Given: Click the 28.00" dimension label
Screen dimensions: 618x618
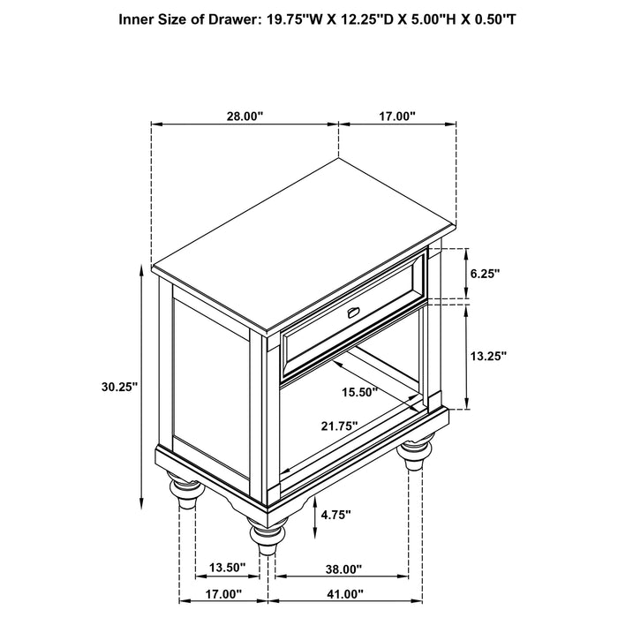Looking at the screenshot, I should [245, 116].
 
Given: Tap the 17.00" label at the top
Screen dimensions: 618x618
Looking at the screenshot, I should [398, 116].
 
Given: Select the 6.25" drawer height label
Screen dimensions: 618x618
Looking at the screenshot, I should [485, 274].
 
